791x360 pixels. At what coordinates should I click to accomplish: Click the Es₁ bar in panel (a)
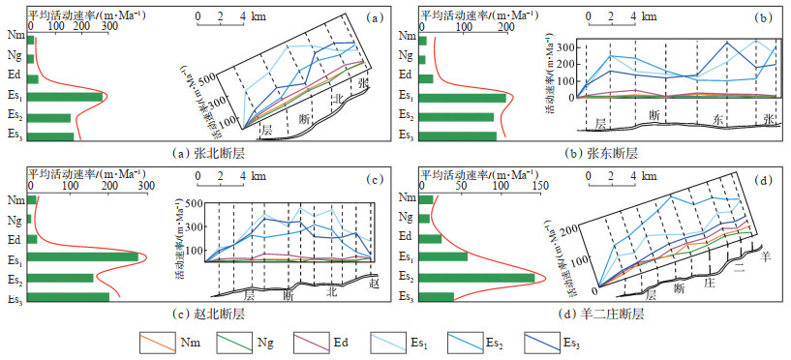pos(66,97)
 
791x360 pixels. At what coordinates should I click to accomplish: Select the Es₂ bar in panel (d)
pos(477,278)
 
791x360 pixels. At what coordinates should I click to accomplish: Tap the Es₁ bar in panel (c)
pos(84,257)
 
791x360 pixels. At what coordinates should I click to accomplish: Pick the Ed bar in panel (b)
pos(427,78)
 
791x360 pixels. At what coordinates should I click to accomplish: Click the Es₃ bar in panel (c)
pos(70,297)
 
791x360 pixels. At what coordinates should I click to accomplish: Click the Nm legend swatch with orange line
pos(156,343)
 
